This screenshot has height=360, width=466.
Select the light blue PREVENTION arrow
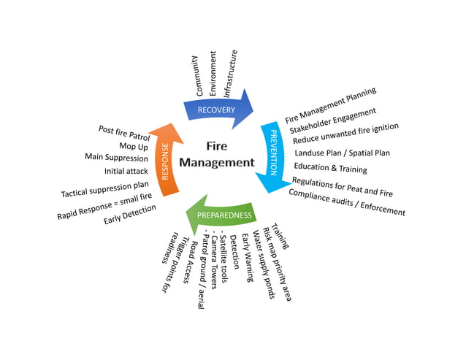(x=272, y=154)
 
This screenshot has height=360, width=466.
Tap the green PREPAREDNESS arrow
(x=224, y=215)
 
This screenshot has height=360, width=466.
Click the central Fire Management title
(x=217, y=154)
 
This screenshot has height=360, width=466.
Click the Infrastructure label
(x=231, y=74)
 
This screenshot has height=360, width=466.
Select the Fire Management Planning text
(x=331, y=104)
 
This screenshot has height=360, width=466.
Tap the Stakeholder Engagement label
(x=332, y=120)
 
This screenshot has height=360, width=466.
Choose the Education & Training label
(x=331, y=169)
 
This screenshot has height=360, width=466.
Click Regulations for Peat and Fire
(x=342, y=188)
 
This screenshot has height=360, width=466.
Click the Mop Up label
(x=134, y=145)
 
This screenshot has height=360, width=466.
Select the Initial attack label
(x=126, y=171)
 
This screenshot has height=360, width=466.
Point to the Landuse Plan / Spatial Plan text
(x=342, y=153)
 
